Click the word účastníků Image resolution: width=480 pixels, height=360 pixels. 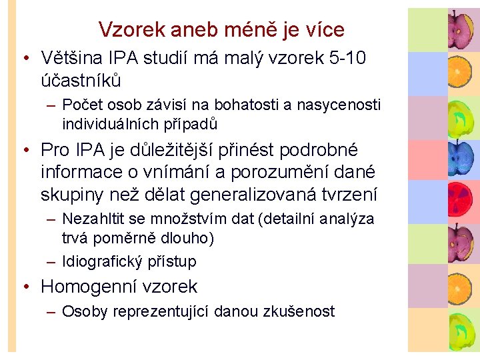point(81,80)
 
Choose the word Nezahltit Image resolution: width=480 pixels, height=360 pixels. point(94,219)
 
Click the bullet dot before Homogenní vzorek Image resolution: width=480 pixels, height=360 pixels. point(25,287)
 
